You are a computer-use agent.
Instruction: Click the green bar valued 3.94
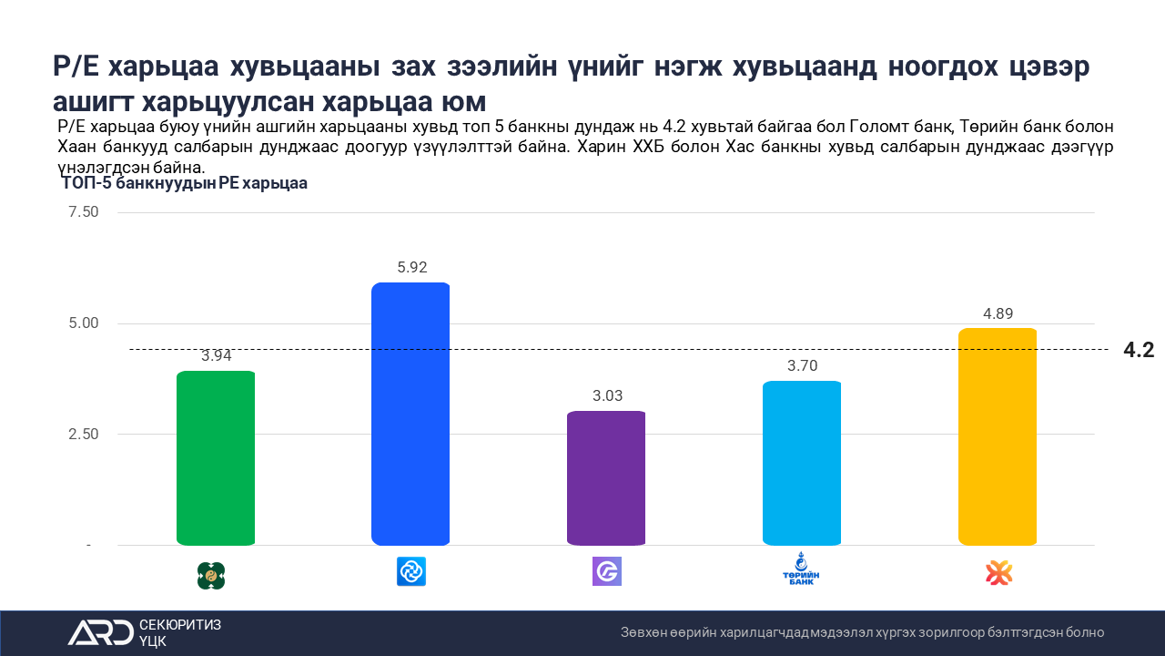[x=216, y=458]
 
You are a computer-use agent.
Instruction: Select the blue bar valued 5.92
[x=410, y=415]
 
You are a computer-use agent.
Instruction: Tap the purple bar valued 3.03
[x=606, y=478]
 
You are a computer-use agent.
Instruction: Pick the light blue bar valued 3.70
[x=802, y=464]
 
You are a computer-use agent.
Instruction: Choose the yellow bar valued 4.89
[x=998, y=437]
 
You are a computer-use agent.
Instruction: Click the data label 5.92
[x=411, y=268]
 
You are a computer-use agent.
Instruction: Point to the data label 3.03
[x=606, y=396]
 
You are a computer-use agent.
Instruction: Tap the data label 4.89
[x=998, y=313]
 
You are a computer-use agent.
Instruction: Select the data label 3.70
[x=802, y=366]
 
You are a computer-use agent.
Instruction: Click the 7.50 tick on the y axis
[x=83, y=212]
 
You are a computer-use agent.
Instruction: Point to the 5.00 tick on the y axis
[x=83, y=323]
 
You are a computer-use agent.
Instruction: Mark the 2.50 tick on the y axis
[x=83, y=435]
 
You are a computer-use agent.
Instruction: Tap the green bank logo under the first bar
[x=211, y=575]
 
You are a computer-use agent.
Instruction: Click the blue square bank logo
[x=411, y=572]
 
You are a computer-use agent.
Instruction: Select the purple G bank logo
[x=606, y=572]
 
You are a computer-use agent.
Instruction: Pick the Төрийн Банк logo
[x=801, y=571]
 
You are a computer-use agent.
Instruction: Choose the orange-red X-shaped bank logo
[x=998, y=573]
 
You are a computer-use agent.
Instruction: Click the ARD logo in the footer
[x=100, y=632]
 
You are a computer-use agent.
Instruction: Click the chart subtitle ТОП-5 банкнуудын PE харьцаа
[x=185, y=184]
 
